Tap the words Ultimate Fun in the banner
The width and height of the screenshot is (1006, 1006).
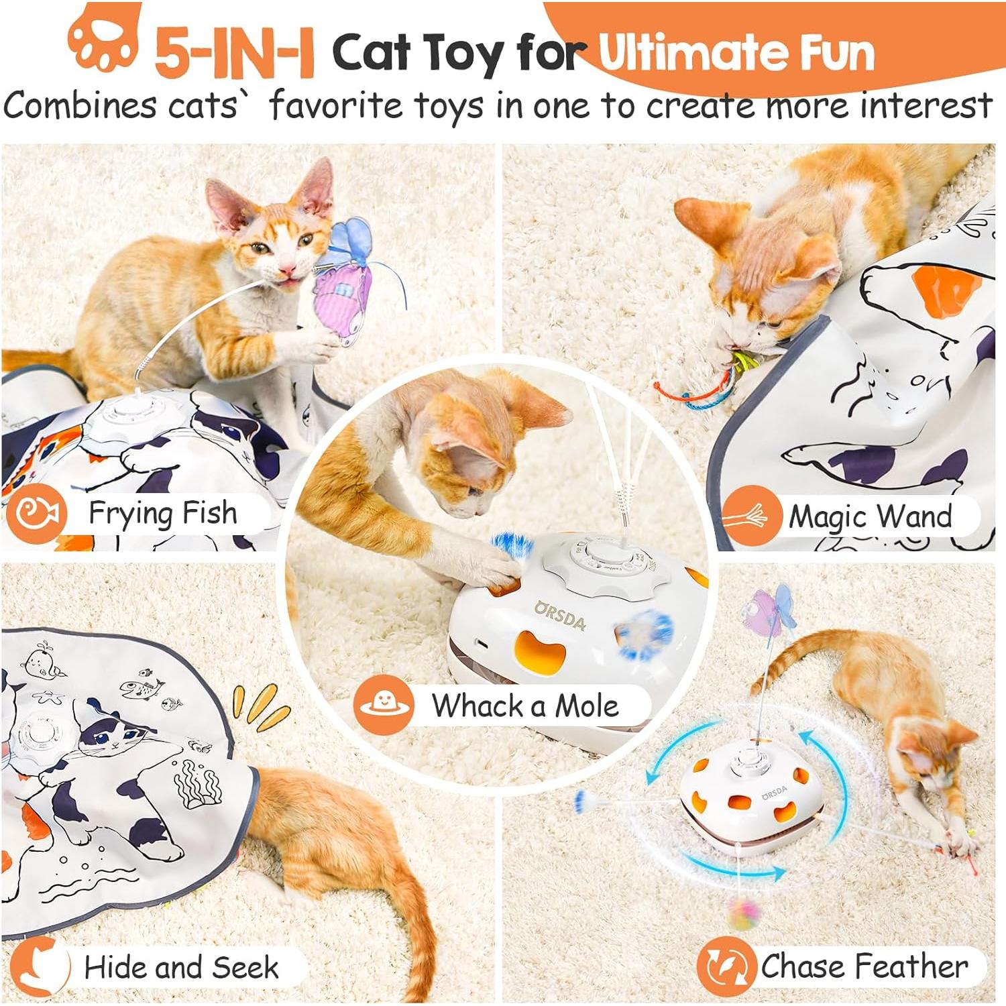(736, 52)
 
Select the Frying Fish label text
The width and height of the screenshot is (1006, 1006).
(163, 514)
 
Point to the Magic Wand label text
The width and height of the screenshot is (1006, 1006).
(870, 516)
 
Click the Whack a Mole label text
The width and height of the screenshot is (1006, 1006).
(524, 706)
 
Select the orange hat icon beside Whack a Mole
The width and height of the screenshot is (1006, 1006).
(384, 704)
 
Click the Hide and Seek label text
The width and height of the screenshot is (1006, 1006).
(181, 967)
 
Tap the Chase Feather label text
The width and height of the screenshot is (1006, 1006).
(864, 966)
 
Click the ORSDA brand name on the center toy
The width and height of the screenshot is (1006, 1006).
(561, 615)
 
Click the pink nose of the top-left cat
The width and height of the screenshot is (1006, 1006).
(288, 270)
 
